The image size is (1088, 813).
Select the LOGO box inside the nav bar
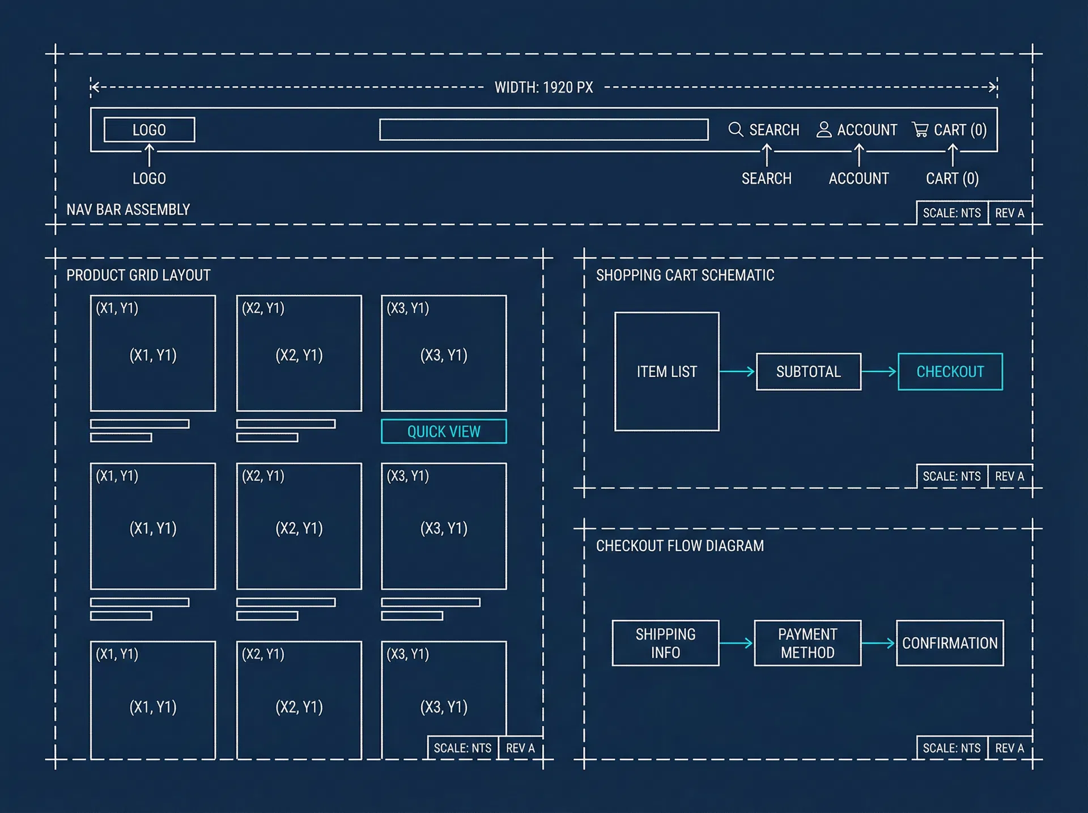[x=149, y=130]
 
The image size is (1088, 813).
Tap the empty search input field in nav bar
[x=543, y=130]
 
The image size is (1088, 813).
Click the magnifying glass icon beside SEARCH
[x=736, y=130]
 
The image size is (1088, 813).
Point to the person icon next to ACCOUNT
[x=824, y=130]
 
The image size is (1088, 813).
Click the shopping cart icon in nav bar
[x=920, y=130]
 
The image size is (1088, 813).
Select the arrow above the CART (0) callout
[x=953, y=155]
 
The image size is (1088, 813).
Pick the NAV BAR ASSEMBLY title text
[x=128, y=210]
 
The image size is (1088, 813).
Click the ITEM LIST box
[x=666, y=371]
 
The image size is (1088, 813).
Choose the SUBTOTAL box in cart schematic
[x=808, y=371]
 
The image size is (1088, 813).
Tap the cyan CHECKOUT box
[x=950, y=371]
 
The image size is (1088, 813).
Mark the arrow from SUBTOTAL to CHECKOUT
[x=879, y=371]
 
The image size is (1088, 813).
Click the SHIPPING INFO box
[x=665, y=643]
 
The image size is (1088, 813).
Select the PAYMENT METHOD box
[x=807, y=643]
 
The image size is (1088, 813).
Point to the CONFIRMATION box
[x=950, y=643]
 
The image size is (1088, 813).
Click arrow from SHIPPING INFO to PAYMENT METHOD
[x=736, y=643]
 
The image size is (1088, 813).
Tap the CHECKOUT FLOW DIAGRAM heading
[x=679, y=545]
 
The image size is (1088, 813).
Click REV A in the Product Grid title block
[x=520, y=748]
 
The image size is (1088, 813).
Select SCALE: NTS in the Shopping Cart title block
[x=951, y=476]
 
